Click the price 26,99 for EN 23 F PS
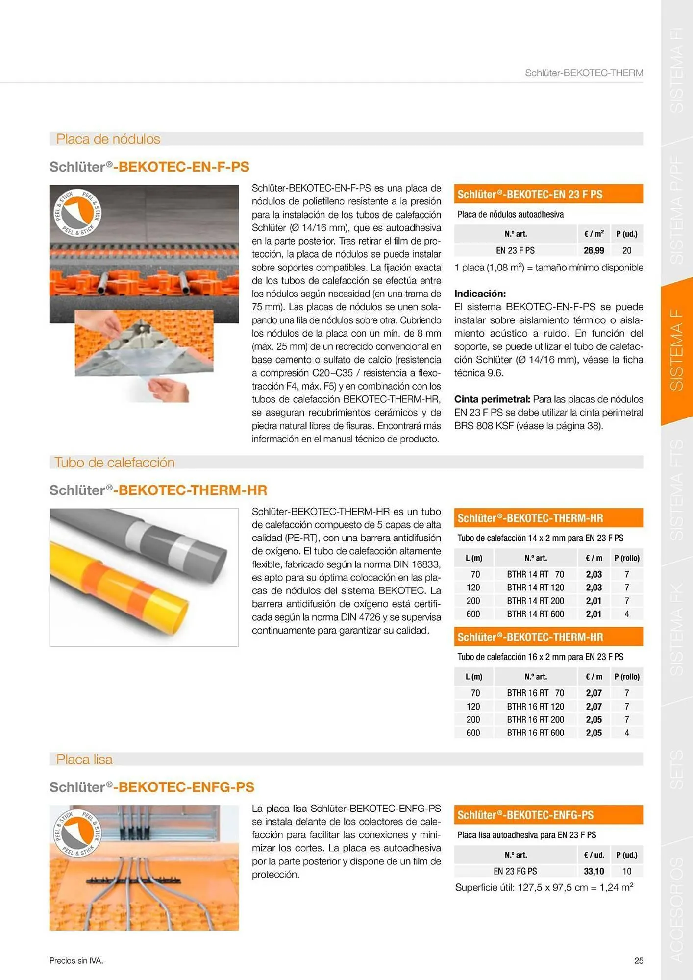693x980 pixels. pos(594,250)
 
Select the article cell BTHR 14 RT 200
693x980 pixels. pos(535,601)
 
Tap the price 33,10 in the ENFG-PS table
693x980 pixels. pos(594,871)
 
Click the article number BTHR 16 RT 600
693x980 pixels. pos(535,733)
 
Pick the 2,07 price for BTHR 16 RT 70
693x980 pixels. pos(594,693)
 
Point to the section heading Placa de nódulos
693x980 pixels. pos(108,139)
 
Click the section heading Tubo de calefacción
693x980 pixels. pos(114,463)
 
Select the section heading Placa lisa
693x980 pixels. pos(84,759)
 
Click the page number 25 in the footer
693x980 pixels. pos(639,961)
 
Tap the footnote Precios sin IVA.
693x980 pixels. pos(76,961)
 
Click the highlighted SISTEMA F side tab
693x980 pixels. pos(676,350)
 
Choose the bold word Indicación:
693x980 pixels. pos(480,294)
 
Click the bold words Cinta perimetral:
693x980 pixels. pos(492,399)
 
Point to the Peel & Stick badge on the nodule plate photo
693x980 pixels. pos(77,213)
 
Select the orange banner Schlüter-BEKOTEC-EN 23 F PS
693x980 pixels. pos(548,195)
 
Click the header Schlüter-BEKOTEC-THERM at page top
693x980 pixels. pos(584,73)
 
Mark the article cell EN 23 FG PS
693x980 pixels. pos(515,871)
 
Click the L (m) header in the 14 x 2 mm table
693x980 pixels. pos(473,558)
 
